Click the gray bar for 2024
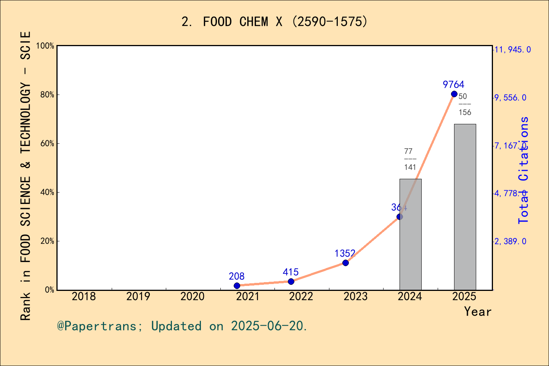410,234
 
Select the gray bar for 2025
465,207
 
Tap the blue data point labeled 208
237,286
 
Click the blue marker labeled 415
291,281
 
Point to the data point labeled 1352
345,263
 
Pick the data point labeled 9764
454,94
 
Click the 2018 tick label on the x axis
84,296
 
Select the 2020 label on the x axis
193,296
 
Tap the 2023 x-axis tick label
355,296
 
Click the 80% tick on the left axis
47,95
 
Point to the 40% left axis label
47,192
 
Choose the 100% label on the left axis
45,46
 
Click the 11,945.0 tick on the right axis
512,50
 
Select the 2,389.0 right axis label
510,241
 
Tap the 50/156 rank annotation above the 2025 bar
464,104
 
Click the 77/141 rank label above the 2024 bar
410,159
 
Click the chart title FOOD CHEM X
274,22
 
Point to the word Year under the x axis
478,311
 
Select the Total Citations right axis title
523,170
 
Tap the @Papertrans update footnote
182,326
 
